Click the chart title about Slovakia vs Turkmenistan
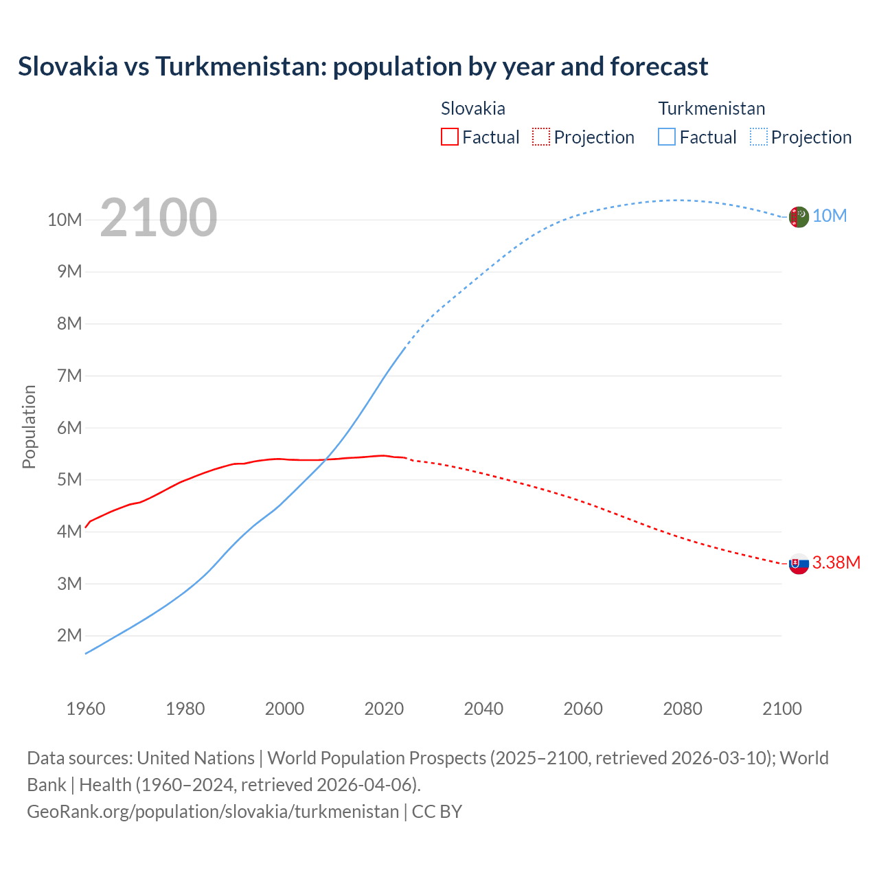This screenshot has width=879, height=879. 363,67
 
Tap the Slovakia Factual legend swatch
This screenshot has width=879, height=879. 449,137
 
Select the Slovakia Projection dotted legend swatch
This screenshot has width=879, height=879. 541,137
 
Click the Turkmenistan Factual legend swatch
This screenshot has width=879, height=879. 667,137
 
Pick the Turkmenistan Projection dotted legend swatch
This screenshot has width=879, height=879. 759,137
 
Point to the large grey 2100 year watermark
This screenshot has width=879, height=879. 159,218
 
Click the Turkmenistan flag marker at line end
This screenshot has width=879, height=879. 799,217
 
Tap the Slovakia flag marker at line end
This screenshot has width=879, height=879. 799,564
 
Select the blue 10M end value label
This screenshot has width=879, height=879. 830,216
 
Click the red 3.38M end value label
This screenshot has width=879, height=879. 836,563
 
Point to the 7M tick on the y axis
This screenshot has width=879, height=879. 69,376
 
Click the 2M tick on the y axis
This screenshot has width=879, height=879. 69,635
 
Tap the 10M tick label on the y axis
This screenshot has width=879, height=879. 65,220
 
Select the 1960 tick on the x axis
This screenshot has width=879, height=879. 86,709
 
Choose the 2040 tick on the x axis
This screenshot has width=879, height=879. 483,709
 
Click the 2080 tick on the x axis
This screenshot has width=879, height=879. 683,709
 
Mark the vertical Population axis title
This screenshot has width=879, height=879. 29,426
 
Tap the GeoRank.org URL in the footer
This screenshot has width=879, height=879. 213,812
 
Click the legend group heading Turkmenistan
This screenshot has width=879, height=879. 711,109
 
